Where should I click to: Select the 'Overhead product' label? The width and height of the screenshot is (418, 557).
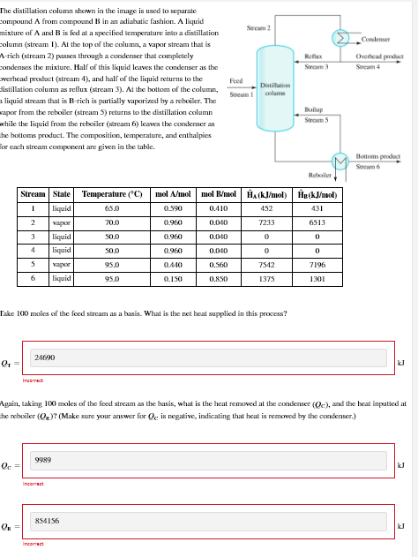tap(380, 56)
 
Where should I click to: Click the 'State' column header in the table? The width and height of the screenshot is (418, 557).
tap(62, 193)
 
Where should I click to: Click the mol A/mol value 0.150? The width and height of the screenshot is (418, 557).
tap(174, 278)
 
